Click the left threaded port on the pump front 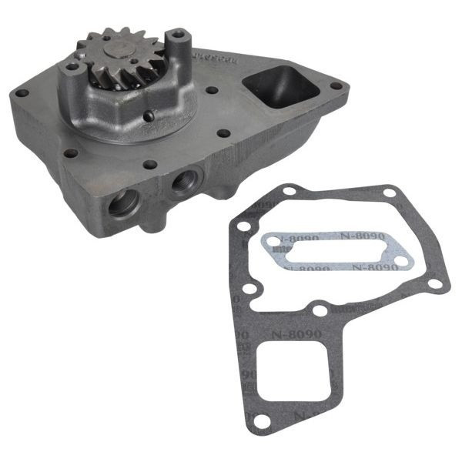pyautogui.click(x=126, y=206)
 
